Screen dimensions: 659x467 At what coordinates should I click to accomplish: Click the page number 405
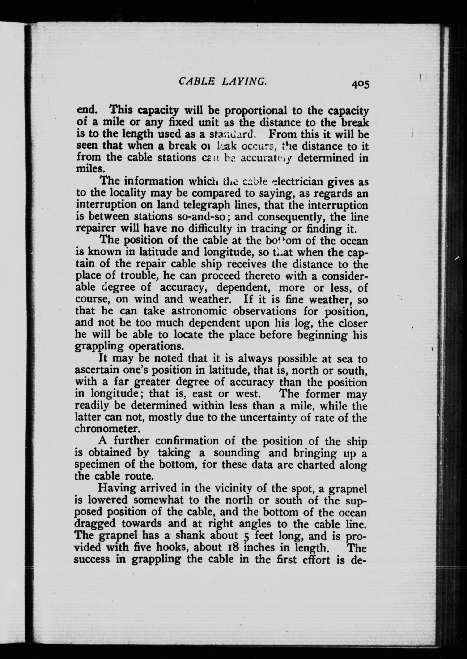point(359,84)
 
